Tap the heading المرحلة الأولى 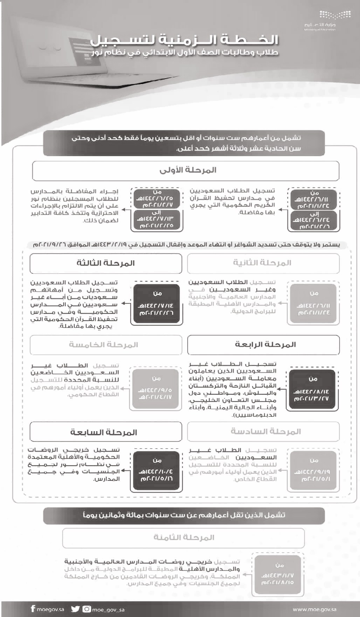[186, 170]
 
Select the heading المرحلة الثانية [263, 263]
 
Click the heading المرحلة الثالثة [106, 263]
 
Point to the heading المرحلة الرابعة [263, 345]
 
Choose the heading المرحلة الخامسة [106, 345]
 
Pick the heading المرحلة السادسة [263, 432]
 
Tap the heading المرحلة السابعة [106, 432]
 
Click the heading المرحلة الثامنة [184, 538]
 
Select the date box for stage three [156, 303]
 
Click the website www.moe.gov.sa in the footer [314, 609]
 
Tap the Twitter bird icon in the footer [75, 609]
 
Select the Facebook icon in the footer [33, 609]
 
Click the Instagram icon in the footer [86, 609]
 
